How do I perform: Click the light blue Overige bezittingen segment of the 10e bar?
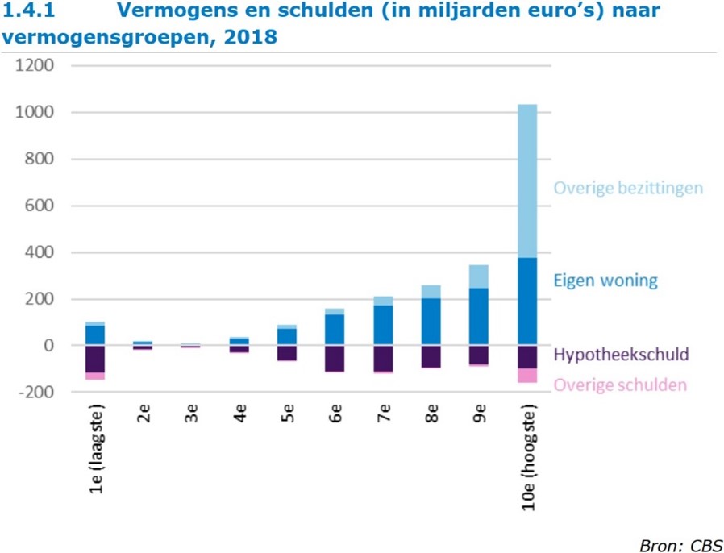coord(526,181)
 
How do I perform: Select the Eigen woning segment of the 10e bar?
coord(526,301)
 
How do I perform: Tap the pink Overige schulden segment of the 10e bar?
coord(526,375)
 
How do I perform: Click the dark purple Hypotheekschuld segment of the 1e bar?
coord(95,359)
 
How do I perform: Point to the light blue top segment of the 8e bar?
coord(431,292)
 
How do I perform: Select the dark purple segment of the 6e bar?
coord(335,358)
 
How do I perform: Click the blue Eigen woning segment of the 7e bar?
coord(383,325)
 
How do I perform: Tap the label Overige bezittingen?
coord(628,188)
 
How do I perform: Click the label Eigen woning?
coord(605,281)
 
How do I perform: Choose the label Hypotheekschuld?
coord(622,355)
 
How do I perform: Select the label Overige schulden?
coord(620,385)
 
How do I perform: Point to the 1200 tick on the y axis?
coord(35,66)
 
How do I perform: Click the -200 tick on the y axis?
coord(35,392)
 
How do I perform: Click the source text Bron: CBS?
coord(680,545)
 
